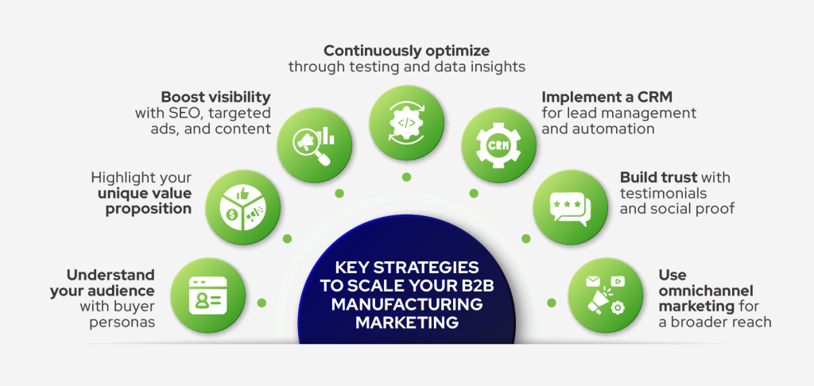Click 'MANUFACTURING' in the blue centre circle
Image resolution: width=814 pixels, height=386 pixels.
[407, 305]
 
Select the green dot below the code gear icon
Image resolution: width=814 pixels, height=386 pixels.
[406, 176]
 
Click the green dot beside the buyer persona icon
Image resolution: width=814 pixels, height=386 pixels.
[262, 303]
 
